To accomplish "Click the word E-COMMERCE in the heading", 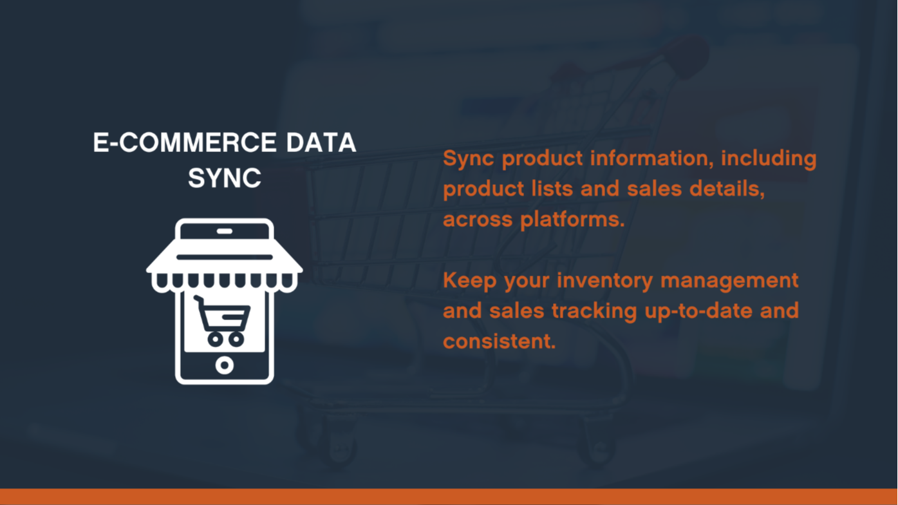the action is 185,142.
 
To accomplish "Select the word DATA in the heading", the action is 321,142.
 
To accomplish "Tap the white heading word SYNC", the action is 225,178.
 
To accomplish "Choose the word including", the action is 769,158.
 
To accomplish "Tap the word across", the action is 478,220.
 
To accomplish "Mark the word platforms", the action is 572,220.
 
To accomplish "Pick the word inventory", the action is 605,280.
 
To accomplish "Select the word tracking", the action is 594,311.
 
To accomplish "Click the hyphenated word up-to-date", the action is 698,312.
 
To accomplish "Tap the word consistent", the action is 500,341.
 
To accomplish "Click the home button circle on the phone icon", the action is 225,365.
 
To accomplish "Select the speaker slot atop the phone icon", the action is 225,231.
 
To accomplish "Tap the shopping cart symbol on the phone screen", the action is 221,321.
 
